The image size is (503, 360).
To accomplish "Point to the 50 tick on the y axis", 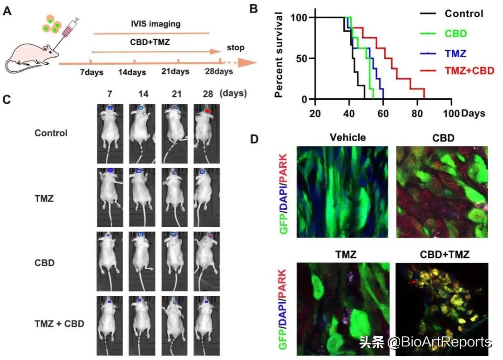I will coord(302,59).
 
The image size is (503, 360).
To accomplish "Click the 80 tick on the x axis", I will coord(417,113).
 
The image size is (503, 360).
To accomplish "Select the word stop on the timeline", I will coord(235,48).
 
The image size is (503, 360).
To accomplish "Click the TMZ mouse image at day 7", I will coord(110,197).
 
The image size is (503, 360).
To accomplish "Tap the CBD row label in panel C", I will coord(45,263).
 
